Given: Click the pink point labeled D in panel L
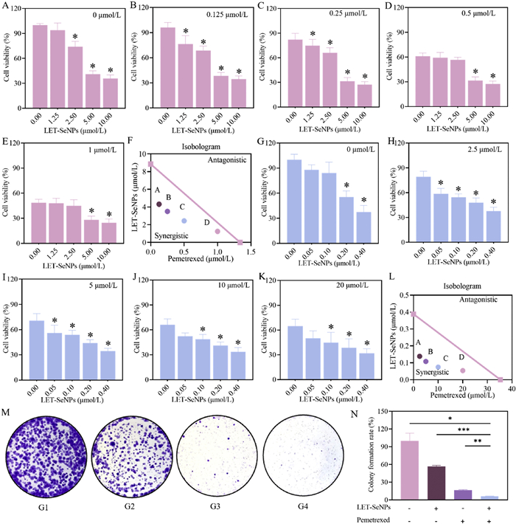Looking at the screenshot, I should tap(463, 370).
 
